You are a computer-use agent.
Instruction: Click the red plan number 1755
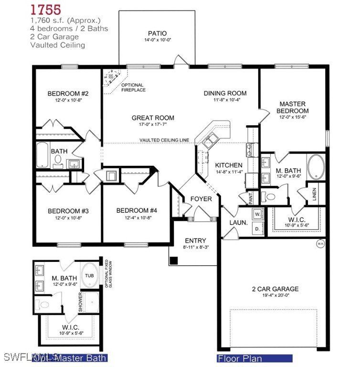pyautogui.click(x=46, y=9)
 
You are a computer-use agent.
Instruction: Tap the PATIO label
pyautogui.click(x=157, y=33)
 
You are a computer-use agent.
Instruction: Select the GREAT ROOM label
pyautogui.click(x=153, y=118)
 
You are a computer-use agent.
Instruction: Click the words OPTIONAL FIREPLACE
pyautogui.click(x=133, y=87)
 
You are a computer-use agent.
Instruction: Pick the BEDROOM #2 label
pyautogui.click(x=68, y=93)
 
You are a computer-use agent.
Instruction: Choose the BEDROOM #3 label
pyautogui.click(x=68, y=211)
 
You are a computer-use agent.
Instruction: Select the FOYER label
pyautogui.click(x=201, y=199)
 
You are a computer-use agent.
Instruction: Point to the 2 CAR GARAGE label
pyautogui.click(x=275, y=289)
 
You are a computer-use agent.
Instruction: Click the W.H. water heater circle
pyautogui.click(x=320, y=244)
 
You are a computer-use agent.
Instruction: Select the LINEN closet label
pyautogui.click(x=314, y=194)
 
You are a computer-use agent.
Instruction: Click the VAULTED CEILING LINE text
pyautogui.click(x=164, y=140)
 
